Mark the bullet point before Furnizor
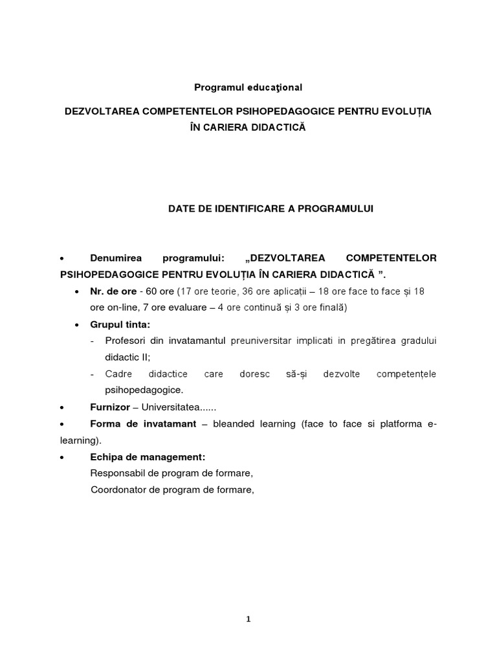61,409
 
